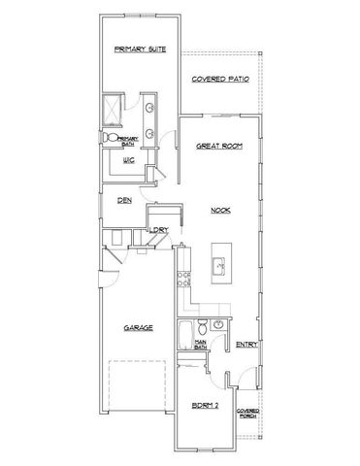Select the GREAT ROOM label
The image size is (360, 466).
coord(218,146)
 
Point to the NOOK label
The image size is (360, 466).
coord(219,210)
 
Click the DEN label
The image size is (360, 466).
coord(124,200)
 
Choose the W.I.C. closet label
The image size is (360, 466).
coord(128,161)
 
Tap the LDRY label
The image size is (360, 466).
coord(159,230)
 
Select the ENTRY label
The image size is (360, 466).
coord(245,344)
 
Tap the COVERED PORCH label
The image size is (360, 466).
coord(246,412)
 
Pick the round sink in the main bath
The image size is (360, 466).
coord(219,324)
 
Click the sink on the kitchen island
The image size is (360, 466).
coord(219,263)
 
